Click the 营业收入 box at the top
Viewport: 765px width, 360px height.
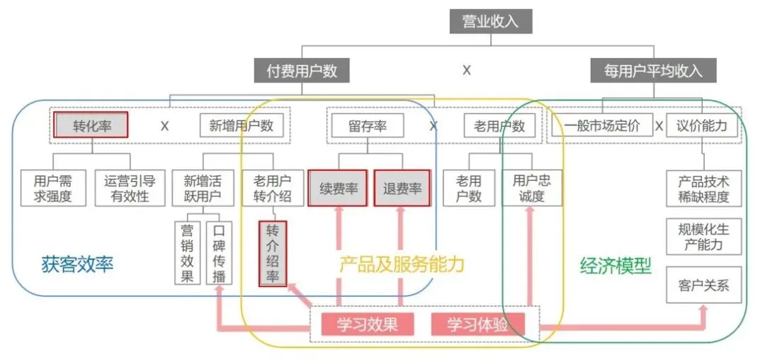coord(490,21)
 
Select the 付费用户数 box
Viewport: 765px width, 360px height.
coord(302,71)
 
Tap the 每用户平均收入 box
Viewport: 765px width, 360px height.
coord(653,71)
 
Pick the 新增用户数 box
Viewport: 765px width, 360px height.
coord(236,126)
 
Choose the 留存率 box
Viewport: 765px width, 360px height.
coord(367,126)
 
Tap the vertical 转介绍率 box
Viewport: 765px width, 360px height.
coord(273,254)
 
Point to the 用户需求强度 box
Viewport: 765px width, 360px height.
coord(52,188)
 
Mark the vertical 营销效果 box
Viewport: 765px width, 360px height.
coord(187,252)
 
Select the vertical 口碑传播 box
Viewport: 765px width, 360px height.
coord(219,252)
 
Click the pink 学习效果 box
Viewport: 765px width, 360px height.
coord(366,325)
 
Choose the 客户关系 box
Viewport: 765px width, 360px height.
coord(703,288)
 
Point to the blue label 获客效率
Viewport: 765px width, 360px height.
coord(78,266)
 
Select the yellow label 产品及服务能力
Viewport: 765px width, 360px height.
coord(402,264)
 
